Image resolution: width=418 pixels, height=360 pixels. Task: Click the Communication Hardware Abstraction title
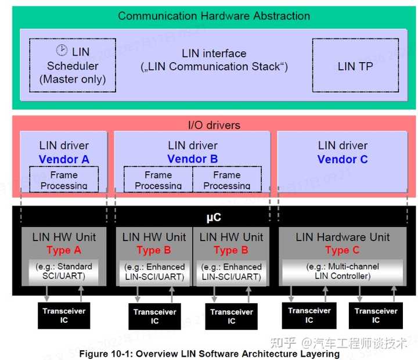pyautogui.click(x=214, y=16)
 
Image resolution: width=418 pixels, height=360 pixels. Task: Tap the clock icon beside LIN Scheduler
pyautogui.click(x=62, y=51)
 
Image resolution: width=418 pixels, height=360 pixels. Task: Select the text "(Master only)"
pyautogui.click(x=73, y=80)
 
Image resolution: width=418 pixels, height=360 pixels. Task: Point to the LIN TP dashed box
pyautogui.click(x=355, y=66)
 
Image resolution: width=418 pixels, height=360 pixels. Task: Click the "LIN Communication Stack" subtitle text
pyautogui.click(x=214, y=67)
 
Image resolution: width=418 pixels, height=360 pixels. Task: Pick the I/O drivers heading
pyautogui.click(x=214, y=125)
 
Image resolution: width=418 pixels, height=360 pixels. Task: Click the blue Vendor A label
pyautogui.click(x=64, y=159)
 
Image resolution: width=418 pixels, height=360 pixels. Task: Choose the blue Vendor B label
pyautogui.click(x=192, y=159)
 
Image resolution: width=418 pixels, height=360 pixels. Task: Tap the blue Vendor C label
pyautogui.click(x=343, y=159)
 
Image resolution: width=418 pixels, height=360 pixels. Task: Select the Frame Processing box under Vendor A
pyautogui.click(x=64, y=179)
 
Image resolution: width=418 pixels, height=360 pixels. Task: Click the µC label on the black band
pyautogui.click(x=214, y=218)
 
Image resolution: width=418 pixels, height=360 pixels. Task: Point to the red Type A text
pyautogui.click(x=64, y=250)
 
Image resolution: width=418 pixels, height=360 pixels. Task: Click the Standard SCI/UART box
pyautogui.click(x=64, y=271)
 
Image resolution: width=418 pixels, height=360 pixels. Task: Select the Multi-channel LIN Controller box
pyautogui.click(x=342, y=271)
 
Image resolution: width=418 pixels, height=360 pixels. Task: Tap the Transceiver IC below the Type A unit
pyautogui.click(x=64, y=316)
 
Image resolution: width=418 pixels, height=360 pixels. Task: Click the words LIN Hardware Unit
pyautogui.click(x=342, y=237)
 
